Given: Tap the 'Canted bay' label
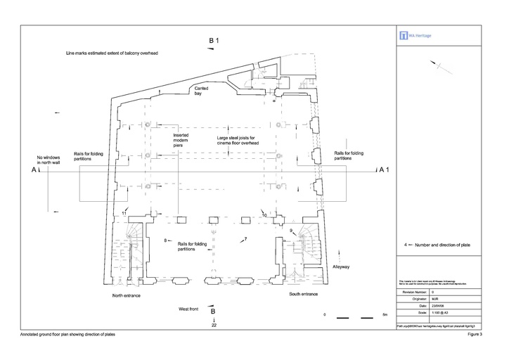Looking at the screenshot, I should point(201,91).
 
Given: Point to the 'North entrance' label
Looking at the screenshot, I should point(127,296).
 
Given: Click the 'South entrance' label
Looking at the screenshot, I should point(304,293).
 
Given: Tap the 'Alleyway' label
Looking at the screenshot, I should point(340,267).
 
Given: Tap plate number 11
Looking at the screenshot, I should point(124,212).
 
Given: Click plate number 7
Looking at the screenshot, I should point(245,240).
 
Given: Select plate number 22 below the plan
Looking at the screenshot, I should point(214,326).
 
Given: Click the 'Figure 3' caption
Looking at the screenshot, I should point(475,334).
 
